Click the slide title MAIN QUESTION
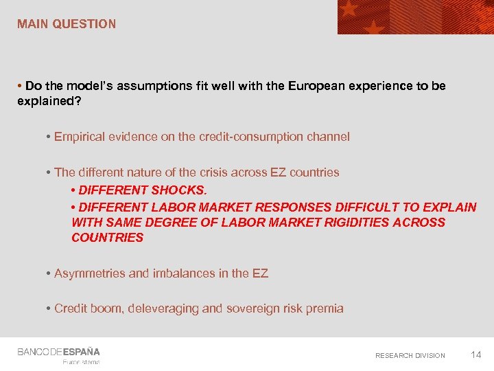coord(67,24)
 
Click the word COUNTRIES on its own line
coord(107,238)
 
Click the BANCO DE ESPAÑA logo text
coord(58,352)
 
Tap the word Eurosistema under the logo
coord(81,362)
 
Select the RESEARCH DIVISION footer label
coord(410,355)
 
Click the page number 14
coord(476,355)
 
